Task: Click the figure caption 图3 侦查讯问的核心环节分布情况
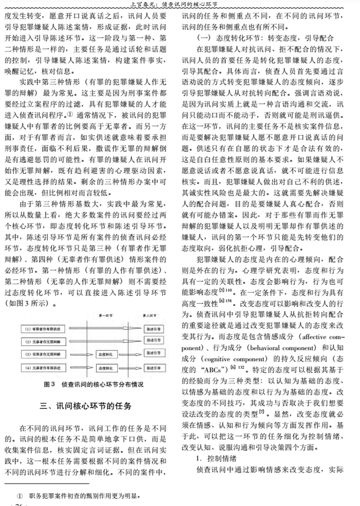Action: (86, 385)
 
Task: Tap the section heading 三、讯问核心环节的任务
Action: (86, 406)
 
